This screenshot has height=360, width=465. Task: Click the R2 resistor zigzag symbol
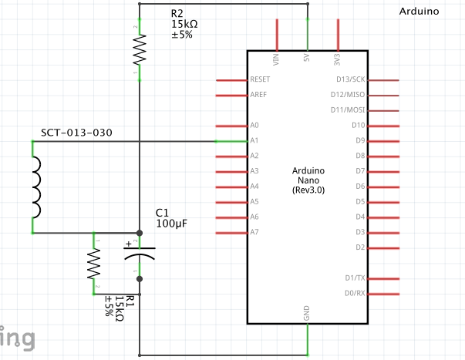click(139, 52)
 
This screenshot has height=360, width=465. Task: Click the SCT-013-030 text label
click(76, 133)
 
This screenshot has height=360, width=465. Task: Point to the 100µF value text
click(171, 224)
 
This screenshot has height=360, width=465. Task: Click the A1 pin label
click(255, 140)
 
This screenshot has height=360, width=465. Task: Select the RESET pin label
click(260, 80)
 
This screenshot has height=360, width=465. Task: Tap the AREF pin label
click(258, 95)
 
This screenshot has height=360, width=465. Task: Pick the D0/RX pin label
click(354, 293)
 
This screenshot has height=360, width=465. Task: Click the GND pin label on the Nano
click(307, 314)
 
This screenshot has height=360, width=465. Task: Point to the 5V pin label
click(307, 59)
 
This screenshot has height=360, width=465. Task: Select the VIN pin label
click(276, 59)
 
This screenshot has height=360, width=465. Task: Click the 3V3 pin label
click(338, 59)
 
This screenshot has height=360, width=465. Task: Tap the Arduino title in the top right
click(420, 12)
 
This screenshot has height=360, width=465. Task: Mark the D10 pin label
click(358, 125)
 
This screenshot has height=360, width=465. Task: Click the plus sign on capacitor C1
click(129, 245)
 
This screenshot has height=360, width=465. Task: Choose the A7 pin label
click(255, 232)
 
